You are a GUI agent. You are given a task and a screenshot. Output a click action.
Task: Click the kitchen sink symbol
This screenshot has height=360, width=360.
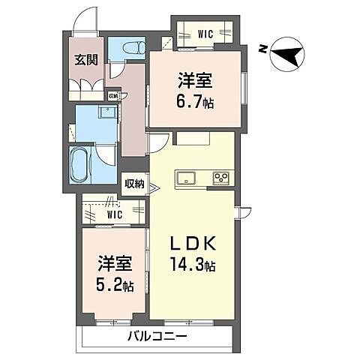coord(186,178)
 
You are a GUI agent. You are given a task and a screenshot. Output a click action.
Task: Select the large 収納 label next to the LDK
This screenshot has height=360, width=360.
coord(134,184)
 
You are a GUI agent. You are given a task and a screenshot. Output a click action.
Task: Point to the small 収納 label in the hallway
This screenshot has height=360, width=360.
coord(112,96)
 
